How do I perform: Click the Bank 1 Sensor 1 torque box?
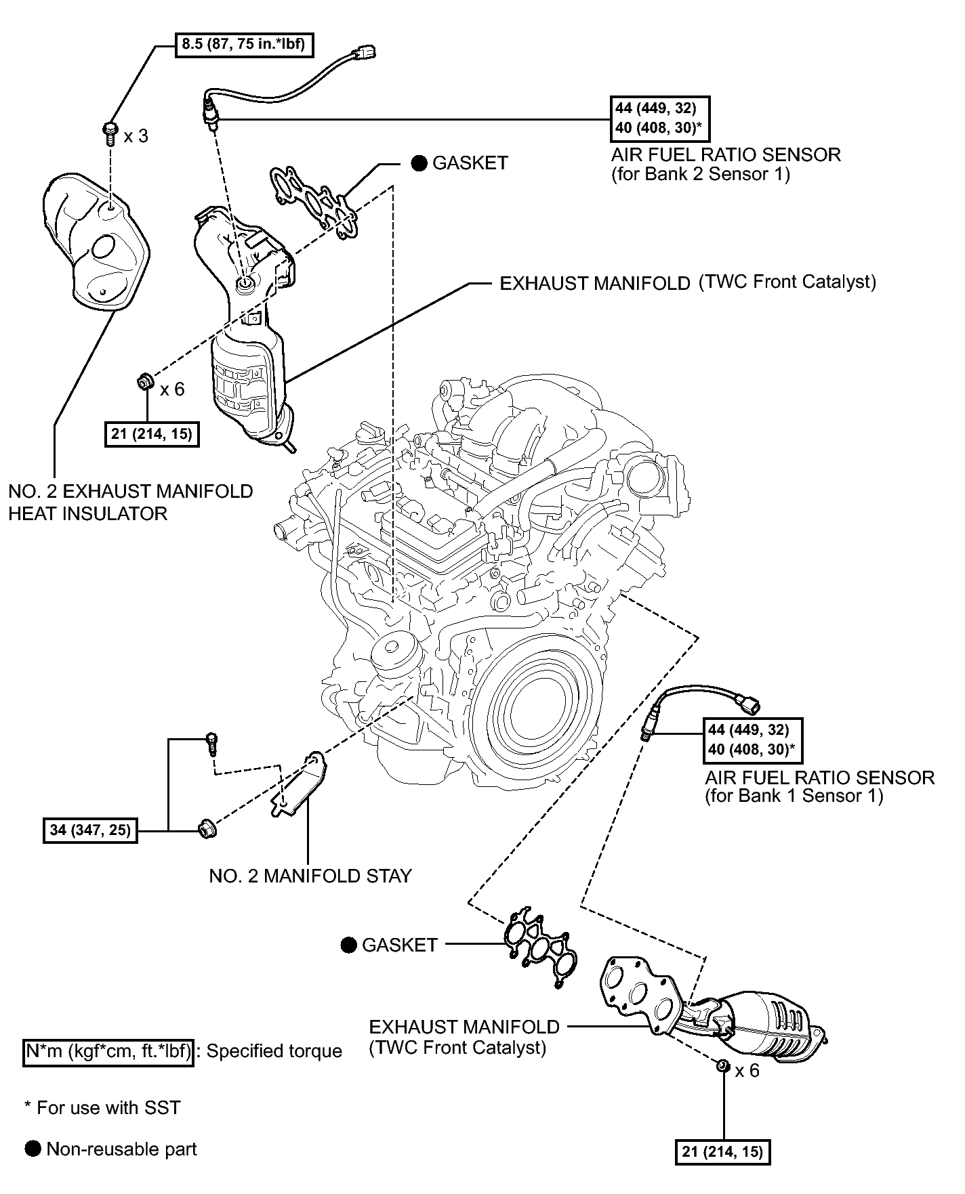(752, 740)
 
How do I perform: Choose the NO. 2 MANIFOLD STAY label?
(310, 876)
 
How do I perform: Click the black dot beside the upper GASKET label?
(419, 163)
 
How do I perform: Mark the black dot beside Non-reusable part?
(33, 1149)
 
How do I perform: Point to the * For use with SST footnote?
(102, 1108)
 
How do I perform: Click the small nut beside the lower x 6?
(722, 1068)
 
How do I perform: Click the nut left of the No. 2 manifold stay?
(206, 828)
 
